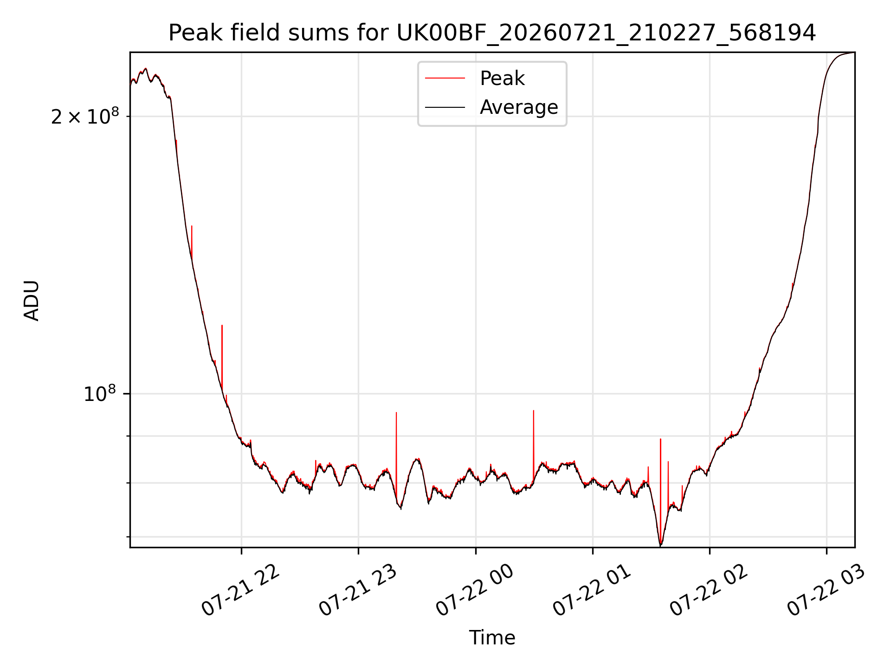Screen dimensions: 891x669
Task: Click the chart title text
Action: click(492, 33)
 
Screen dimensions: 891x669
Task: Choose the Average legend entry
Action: click(492, 107)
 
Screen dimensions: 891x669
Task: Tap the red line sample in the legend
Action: click(445, 79)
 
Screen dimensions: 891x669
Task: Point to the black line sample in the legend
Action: click(445, 107)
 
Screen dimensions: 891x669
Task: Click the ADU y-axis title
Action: click(32, 301)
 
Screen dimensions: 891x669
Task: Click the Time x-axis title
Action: click(492, 637)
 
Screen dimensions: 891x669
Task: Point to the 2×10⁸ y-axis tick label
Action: click(85, 116)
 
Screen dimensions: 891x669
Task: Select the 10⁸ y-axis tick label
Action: click(99, 394)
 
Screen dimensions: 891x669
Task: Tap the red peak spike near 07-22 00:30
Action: click(534, 444)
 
